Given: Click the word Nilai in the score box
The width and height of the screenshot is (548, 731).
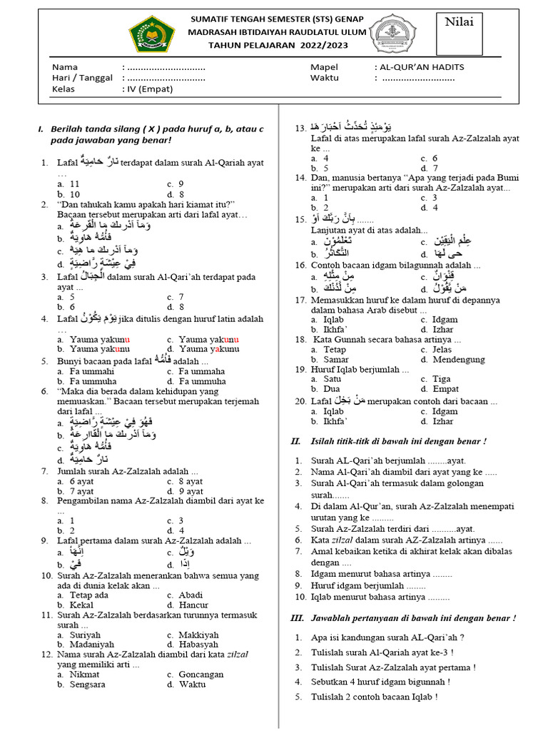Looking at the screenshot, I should (x=460, y=21).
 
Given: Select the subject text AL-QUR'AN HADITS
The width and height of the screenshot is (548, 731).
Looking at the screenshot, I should (x=421, y=66).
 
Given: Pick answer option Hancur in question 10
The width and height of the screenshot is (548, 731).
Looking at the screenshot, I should (x=194, y=605).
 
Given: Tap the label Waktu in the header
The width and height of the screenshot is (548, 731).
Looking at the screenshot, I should (x=325, y=78).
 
